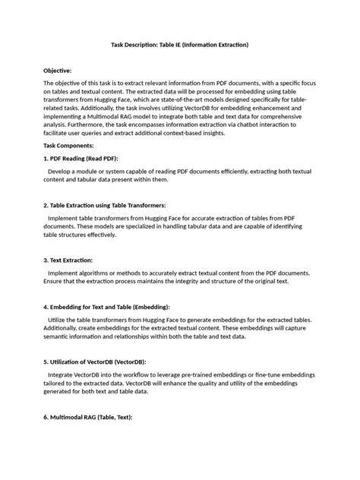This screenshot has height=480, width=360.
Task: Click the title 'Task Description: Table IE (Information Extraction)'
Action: (180, 46)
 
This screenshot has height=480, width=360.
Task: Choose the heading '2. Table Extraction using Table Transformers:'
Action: (115, 205)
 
